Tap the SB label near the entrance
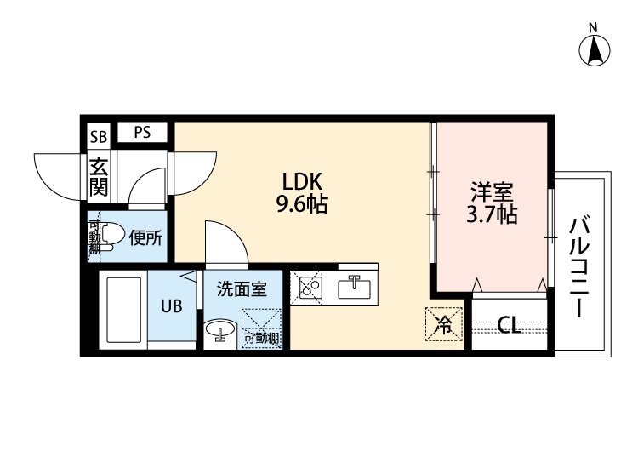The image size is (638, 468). click(x=99, y=137)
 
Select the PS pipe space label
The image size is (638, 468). click(x=142, y=132)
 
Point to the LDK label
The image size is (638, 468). click(x=302, y=182)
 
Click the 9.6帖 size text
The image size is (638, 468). click(x=302, y=204)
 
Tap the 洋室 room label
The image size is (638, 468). click(x=492, y=192)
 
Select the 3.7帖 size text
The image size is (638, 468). click(x=492, y=215)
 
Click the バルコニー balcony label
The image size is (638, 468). click(x=579, y=267)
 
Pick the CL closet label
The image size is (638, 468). click(x=509, y=326)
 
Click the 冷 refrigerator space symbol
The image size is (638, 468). click(x=444, y=324)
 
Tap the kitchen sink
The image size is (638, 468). click(x=355, y=288)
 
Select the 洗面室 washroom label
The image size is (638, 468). click(x=242, y=289)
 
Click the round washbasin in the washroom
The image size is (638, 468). click(x=220, y=328)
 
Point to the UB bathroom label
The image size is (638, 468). click(x=171, y=306)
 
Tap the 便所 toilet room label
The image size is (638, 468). click(x=145, y=238)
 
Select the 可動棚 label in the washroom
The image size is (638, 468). click(x=262, y=338)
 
